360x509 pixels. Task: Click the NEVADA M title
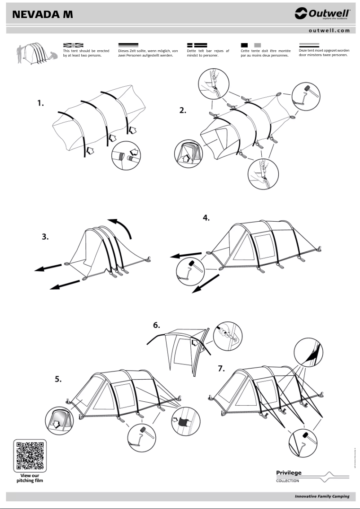43,14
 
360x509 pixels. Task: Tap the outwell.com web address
329,31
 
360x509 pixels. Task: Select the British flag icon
73,45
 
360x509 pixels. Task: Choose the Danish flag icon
197,45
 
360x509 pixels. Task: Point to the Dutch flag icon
309,45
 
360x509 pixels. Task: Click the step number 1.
41,103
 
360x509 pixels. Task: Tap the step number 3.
45,237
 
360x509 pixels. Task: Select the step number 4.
206,218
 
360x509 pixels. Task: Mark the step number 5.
58,379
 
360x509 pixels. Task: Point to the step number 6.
157,325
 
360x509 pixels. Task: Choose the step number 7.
221,369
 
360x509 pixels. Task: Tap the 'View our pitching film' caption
30,478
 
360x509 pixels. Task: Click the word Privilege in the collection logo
289,472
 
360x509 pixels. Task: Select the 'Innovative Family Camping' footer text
322,496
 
